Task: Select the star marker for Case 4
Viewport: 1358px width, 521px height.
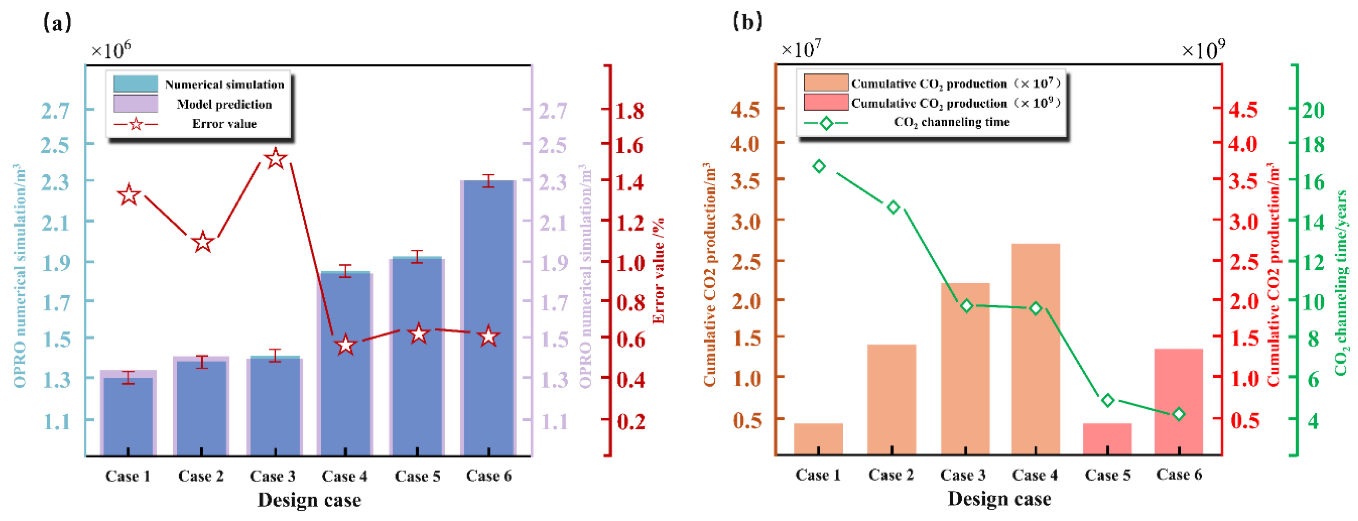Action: [x=346, y=345]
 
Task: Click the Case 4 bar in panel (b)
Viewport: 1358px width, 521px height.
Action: [x=1035, y=348]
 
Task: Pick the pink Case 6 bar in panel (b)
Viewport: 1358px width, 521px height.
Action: [x=1179, y=401]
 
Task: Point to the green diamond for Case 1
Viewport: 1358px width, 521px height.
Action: [x=819, y=167]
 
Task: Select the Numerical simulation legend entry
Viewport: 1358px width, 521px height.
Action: [x=224, y=84]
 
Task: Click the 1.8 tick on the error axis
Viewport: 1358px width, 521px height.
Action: [x=631, y=111]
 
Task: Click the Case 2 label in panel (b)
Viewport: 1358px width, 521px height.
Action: [x=891, y=475]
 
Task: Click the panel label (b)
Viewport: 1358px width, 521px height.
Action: [x=747, y=22]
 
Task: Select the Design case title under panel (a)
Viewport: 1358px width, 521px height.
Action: [x=309, y=500]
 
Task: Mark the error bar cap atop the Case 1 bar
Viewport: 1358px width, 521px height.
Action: [x=128, y=372]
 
